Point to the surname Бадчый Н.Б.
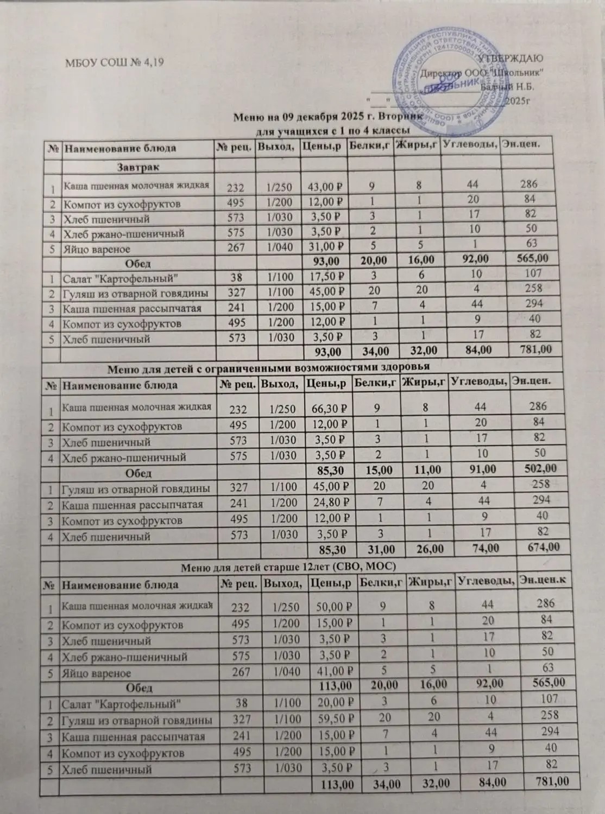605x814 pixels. pos(508,86)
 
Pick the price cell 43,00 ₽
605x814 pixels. pos(324,188)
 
